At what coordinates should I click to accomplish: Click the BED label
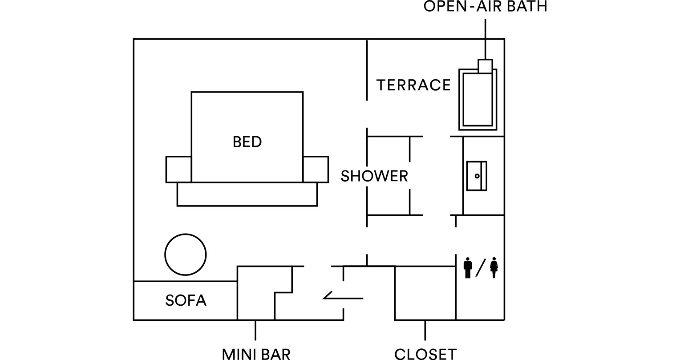click(x=247, y=142)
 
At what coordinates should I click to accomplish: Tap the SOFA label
click(x=186, y=300)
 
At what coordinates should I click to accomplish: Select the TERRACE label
click(x=413, y=85)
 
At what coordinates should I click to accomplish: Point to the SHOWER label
click(x=374, y=176)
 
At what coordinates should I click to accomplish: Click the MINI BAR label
click(x=256, y=354)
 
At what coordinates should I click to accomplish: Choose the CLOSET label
click(x=425, y=354)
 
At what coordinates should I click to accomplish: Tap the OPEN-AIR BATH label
click(x=485, y=6)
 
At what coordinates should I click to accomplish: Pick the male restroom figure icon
click(x=468, y=268)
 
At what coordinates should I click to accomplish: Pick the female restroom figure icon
click(x=494, y=268)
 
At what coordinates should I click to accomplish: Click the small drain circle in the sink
click(x=477, y=176)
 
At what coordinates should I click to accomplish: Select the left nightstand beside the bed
click(x=178, y=170)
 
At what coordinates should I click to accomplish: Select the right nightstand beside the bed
click(x=316, y=170)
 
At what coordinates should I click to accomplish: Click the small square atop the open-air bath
click(x=485, y=66)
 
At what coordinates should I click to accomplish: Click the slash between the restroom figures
click(x=481, y=268)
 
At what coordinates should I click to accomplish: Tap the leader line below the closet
click(x=425, y=330)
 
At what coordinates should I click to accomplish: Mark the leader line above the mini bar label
click(x=255, y=330)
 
